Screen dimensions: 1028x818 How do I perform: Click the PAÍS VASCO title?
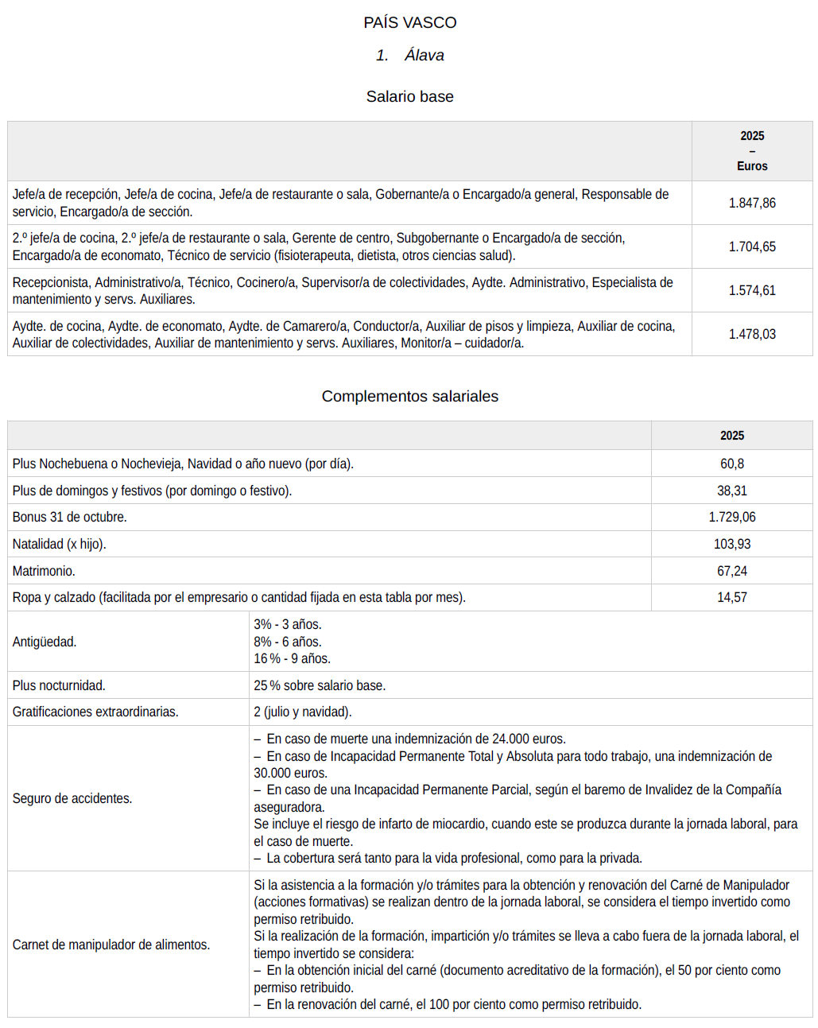409,23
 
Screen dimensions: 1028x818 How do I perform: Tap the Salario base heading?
409,97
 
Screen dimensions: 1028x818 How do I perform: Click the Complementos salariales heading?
409,397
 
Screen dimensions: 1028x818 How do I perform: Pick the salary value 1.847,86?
752,204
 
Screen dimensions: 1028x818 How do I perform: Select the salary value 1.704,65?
752,247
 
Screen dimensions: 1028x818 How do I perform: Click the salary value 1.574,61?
752,291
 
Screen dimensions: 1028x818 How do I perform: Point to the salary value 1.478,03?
752,335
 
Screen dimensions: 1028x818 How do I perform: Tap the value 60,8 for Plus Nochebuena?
731,464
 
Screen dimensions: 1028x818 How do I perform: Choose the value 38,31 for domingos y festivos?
731,491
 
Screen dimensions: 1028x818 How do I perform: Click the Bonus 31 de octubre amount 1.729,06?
731,518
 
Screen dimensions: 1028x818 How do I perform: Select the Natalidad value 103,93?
731,545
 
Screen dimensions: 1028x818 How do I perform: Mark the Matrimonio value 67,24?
731,572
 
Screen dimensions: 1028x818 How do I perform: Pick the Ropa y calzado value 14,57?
731,598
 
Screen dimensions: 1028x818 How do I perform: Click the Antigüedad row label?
45,642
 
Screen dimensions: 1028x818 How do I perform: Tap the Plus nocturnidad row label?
59,686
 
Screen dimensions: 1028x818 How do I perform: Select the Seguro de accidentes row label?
72,799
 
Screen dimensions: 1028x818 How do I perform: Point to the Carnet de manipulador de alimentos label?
111,945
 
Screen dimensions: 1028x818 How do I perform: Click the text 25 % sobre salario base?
320,686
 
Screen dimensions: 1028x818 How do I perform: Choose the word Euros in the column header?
752,166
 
